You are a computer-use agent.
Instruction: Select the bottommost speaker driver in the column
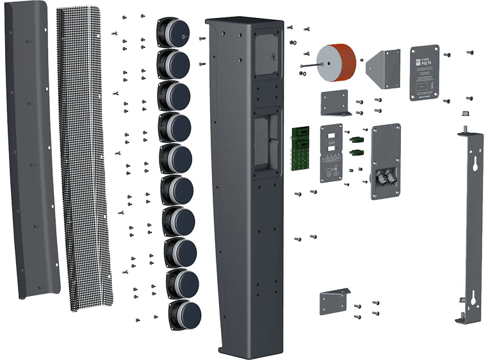pyautogui.click(x=184, y=313)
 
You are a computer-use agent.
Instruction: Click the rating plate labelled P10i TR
pyautogui.click(x=424, y=72)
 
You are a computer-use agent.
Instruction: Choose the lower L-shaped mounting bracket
pyautogui.click(x=334, y=301)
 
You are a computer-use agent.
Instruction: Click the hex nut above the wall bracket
pyautogui.click(x=462, y=115)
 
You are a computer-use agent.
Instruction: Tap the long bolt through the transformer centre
pyautogui.click(x=312, y=65)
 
